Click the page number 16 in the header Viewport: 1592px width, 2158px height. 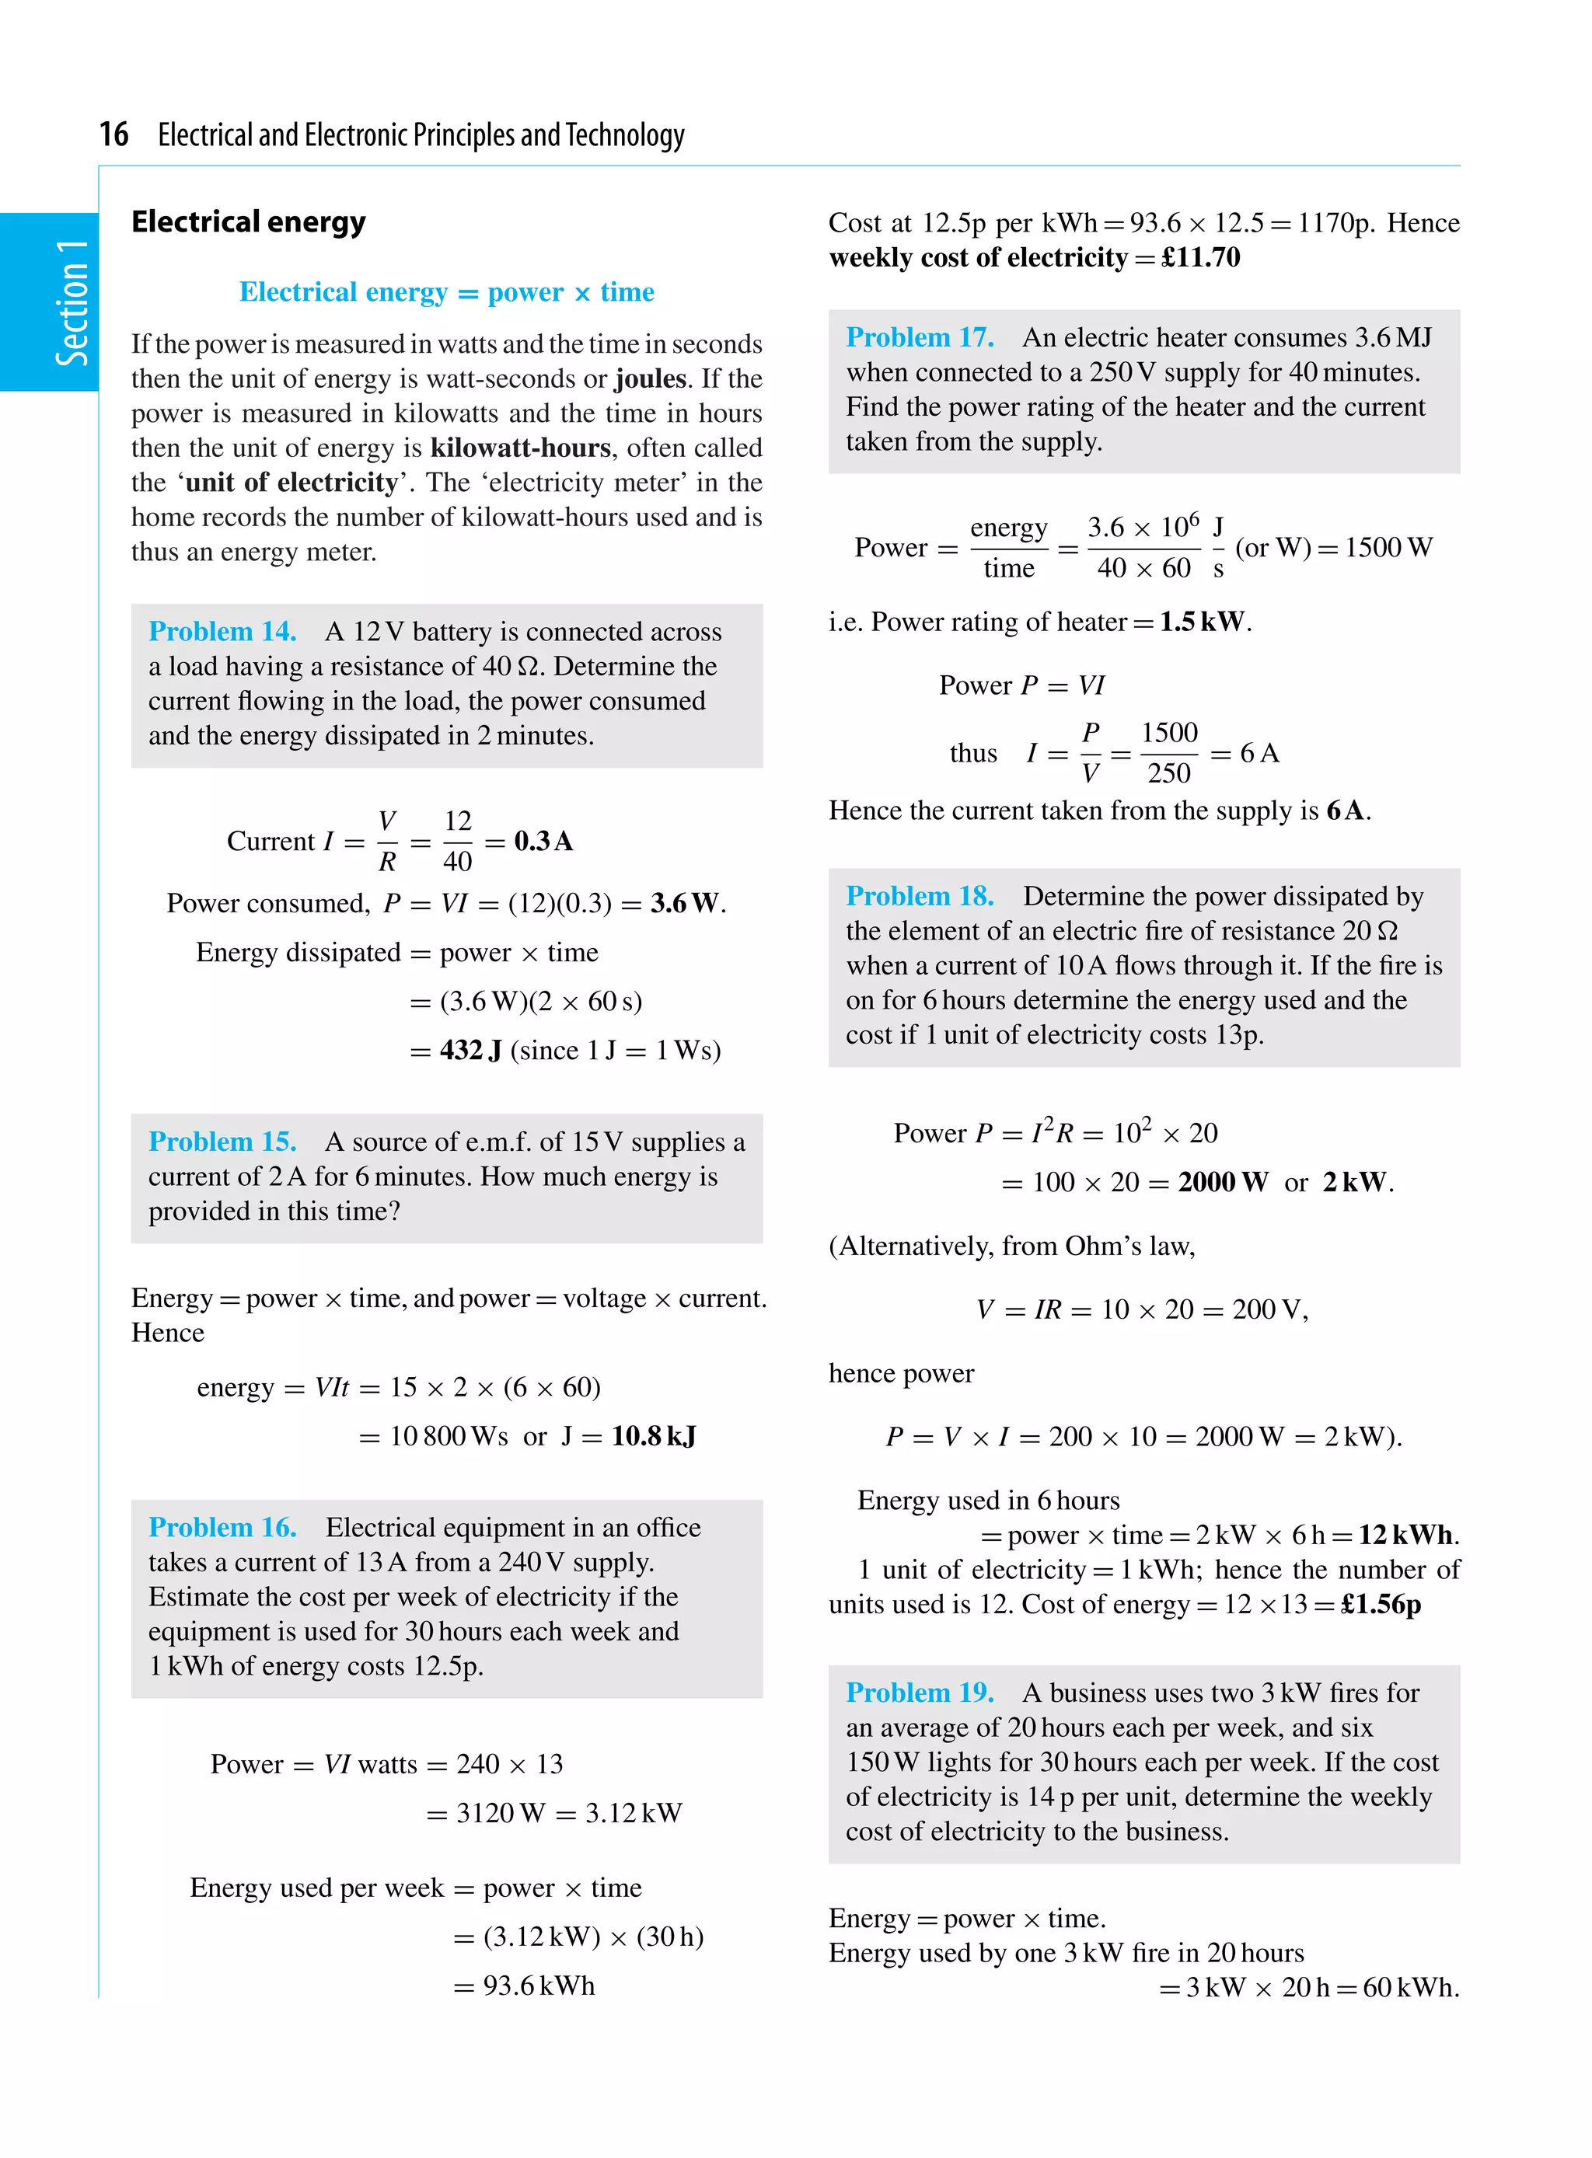[x=113, y=134]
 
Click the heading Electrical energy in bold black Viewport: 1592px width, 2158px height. [x=249, y=221]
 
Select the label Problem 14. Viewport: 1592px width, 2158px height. [x=222, y=631]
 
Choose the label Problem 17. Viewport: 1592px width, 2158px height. [x=920, y=337]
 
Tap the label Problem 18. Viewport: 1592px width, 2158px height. [x=920, y=896]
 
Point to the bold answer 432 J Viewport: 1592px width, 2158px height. [x=470, y=1050]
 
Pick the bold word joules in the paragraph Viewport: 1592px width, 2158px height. [x=651, y=378]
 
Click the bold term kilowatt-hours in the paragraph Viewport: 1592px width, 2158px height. [x=520, y=448]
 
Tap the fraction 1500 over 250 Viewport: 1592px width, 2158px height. [x=1168, y=752]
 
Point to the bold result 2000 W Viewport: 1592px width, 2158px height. [x=1222, y=1182]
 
